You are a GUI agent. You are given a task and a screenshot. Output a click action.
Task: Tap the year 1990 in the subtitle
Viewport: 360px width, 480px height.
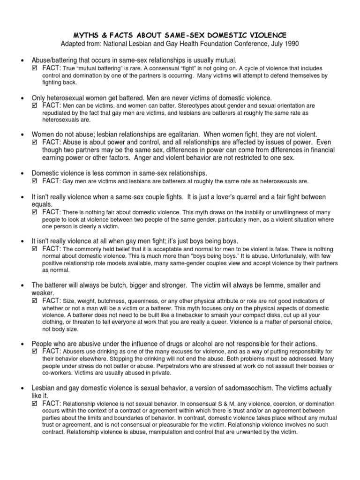click(x=289, y=44)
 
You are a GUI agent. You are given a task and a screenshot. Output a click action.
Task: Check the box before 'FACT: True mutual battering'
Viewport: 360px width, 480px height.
click(x=33, y=68)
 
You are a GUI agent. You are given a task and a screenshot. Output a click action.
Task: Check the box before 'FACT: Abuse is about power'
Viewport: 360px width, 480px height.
click(x=33, y=142)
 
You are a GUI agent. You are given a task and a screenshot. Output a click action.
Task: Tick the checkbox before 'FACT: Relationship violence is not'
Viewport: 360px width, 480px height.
click(x=33, y=404)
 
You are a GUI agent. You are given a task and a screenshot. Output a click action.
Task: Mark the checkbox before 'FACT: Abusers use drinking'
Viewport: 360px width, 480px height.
click(x=33, y=352)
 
